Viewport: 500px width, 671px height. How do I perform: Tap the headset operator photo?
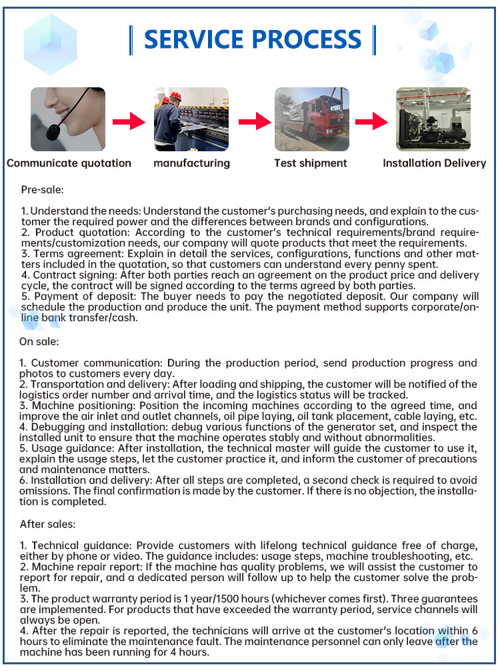click(68, 119)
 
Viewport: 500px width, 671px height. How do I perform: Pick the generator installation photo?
click(433, 119)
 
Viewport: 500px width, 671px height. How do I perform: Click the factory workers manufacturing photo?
click(191, 119)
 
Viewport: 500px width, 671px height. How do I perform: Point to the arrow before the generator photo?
click(372, 121)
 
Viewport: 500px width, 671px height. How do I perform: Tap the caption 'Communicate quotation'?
click(69, 163)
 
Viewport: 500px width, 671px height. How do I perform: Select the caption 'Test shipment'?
click(311, 163)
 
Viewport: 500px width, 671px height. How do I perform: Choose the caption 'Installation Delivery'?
click(434, 163)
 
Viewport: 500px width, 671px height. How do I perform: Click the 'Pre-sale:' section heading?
click(42, 190)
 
